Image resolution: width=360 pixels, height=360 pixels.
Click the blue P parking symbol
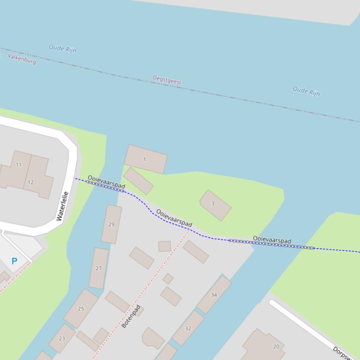pos(14,261)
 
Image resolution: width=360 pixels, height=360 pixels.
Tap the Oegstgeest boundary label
pos(167,80)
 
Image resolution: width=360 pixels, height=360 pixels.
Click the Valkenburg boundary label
pos(22,59)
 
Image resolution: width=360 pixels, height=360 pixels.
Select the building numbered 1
pos(145,159)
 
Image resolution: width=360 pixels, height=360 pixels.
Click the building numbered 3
pos(215,205)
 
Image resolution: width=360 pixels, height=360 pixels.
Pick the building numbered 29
pos(111,224)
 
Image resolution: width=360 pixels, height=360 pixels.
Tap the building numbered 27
pos(99,268)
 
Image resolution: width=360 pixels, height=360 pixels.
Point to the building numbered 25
pos(81,309)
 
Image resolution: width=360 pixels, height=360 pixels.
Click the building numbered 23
pos(62,338)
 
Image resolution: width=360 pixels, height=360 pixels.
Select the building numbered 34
pos(214,295)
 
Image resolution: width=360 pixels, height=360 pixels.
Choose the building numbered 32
pos(188,328)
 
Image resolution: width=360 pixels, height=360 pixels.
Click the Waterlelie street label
pos(62,206)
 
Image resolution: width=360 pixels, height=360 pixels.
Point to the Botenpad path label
pos(131,317)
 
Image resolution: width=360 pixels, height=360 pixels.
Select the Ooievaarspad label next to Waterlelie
pos(106,182)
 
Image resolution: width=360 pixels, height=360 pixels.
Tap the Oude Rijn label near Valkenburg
pos(62,49)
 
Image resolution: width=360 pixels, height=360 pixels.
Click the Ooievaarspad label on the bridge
pos(272,240)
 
